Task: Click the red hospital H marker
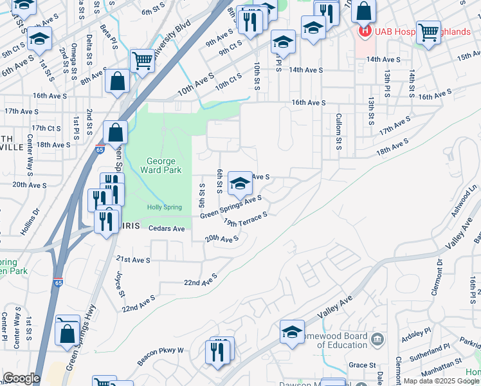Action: [365, 30]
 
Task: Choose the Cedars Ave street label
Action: [167, 228]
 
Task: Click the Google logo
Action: [21, 378]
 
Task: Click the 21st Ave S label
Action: [133, 260]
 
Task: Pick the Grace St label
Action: [362, 365]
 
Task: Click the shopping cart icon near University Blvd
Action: [142, 61]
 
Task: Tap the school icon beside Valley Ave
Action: [292, 332]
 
